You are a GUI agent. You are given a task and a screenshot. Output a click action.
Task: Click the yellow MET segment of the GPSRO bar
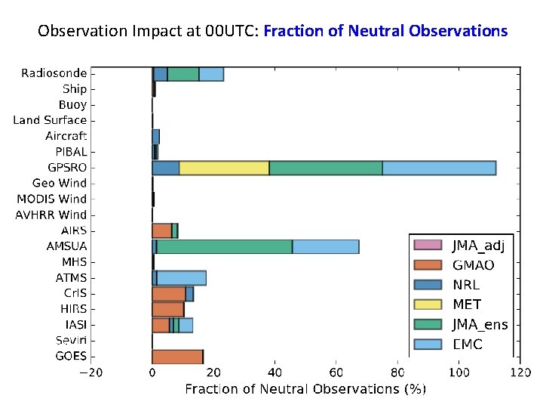(224, 168)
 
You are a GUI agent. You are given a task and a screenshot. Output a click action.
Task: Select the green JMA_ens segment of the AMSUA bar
(224, 246)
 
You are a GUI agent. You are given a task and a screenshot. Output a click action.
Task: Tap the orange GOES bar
(177, 357)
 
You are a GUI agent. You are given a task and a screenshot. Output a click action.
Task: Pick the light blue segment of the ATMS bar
(181, 278)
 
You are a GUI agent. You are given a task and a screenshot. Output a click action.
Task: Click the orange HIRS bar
(167, 309)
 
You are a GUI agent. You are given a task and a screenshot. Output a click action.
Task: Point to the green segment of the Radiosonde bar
(183, 74)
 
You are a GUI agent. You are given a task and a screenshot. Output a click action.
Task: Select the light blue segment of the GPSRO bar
(439, 168)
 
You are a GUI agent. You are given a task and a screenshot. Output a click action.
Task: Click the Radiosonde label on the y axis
(54, 73)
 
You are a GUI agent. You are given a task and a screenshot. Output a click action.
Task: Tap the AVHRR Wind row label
(51, 215)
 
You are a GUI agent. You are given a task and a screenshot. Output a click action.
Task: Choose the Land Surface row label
(50, 120)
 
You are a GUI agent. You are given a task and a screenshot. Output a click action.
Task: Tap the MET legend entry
(466, 304)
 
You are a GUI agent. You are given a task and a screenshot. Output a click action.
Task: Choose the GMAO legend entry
(473, 265)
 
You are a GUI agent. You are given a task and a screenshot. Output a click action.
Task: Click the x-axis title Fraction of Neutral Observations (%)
(305, 389)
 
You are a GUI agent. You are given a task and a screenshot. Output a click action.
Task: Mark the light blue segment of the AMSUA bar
(325, 246)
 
